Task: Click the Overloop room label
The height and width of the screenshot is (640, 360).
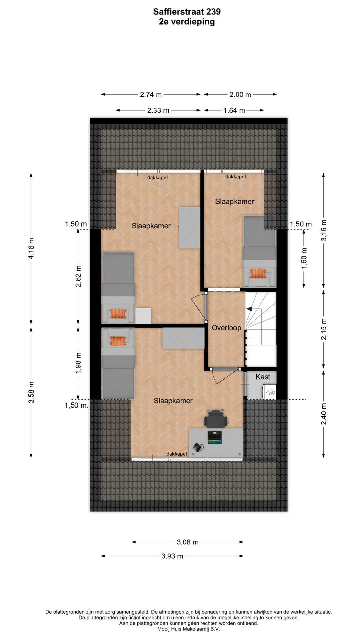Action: coord(226,328)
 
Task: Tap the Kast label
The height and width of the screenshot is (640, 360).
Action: coord(263,377)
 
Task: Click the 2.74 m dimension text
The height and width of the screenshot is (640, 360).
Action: coord(151,94)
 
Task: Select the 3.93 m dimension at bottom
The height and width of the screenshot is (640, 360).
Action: coord(172,556)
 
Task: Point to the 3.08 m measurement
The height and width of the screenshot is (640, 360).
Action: coord(188,542)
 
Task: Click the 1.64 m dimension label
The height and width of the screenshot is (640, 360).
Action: coord(234,110)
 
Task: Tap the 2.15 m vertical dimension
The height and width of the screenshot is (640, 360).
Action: coord(324,329)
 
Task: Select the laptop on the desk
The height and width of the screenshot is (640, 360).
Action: coord(215,437)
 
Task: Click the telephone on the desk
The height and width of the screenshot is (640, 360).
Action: coord(198,447)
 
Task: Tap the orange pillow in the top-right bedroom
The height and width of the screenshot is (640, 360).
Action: coord(258,273)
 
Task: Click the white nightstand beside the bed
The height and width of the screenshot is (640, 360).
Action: coord(143,316)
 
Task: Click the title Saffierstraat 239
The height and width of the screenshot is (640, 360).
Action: coord(187,12)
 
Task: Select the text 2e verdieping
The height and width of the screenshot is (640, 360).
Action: coord(187,22)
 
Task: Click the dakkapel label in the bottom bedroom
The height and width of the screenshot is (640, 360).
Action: coord(177,454)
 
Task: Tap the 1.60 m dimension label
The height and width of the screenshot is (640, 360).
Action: coord(304,259)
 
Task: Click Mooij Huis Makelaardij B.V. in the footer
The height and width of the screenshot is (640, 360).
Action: coord(189,629)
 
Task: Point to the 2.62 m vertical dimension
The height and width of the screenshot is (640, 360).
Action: coord(78,276)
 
